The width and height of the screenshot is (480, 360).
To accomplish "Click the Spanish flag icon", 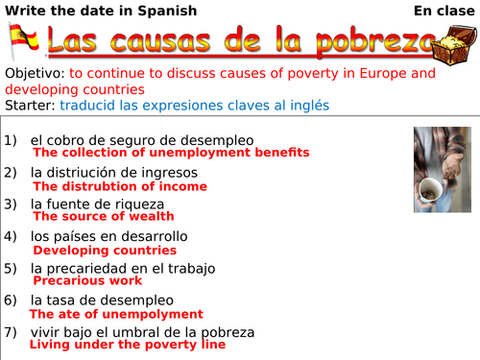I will click(23, 41).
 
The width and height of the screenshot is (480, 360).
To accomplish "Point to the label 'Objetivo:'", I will click(35, 74).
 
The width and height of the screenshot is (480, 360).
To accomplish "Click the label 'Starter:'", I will click(29, 104).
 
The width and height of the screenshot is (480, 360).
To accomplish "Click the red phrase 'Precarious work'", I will click(87, 281).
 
